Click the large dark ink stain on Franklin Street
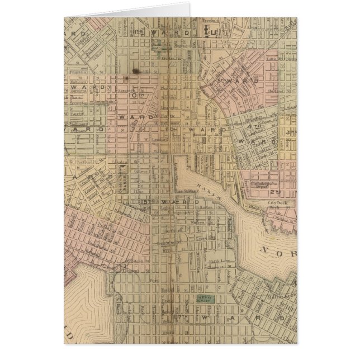(x=135, y=71)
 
